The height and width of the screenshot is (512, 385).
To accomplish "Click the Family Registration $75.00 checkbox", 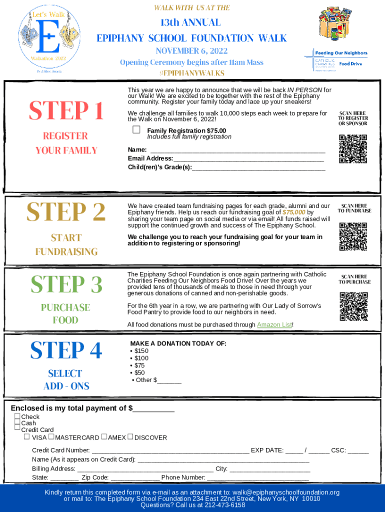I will tap(136, 130).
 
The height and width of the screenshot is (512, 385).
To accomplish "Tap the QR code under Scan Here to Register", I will tap(352, 149).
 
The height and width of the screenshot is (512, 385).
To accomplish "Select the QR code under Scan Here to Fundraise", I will tap(352, 236).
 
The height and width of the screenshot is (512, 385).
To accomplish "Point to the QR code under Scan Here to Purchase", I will tap(353, 306).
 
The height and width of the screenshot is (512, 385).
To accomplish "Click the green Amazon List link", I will tap(274, 325).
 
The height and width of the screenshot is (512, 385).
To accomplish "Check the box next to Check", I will tap(17, 416).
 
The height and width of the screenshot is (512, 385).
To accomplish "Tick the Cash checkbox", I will tap(17, 423).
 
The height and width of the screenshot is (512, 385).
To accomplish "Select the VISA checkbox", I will tap(27, 437).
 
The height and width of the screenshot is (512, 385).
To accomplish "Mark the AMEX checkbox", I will tap(104, 437).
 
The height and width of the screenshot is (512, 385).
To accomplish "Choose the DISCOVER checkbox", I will tap(130, 437).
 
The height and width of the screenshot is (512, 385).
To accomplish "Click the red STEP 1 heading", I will tap(66, 111).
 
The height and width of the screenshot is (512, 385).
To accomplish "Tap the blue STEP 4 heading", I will tap(66, 350).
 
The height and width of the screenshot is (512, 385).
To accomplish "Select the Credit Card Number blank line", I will tap(170, 450).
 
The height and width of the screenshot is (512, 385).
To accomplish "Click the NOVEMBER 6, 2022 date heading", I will tap(191, 51).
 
